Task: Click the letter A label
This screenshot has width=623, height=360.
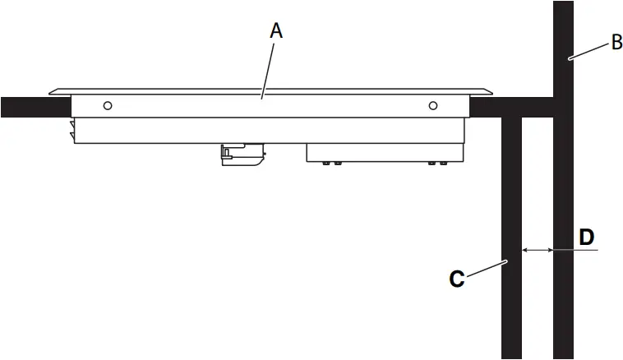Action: click(x=277, y=31)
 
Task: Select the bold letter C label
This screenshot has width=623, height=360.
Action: click(x=457, y=279)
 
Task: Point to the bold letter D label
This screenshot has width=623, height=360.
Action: click(x=586, y=238)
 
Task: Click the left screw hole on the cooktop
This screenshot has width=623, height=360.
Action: click(x=107, y=105)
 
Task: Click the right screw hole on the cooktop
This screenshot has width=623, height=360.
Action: click(x=433, y=105)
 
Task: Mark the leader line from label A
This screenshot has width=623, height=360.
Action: click(x=270, y=70)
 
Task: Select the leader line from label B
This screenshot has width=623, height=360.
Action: click(x=590, y=51)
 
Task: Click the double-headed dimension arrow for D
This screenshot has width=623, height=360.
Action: click(x=538, y=249)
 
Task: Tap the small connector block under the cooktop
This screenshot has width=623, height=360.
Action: click(x=242, y=154)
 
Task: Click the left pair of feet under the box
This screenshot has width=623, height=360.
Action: click(x=332, y=164)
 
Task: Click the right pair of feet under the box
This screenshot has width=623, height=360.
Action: click(x=437, y=164)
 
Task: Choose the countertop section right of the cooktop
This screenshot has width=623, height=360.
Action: click(x=510, y=107)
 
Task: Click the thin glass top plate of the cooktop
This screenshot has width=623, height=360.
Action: click(x=271, y=90)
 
